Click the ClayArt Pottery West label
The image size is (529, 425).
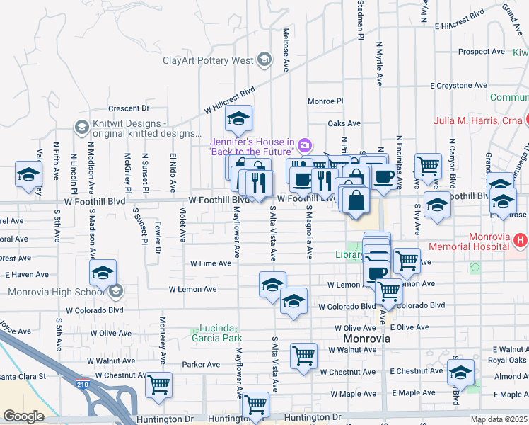pyautogui.click(x=207, y=60)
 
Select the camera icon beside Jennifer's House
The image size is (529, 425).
pyautogui.click(x=305, y=146)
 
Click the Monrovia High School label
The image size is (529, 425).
pyautogui.click(x=56, y=291)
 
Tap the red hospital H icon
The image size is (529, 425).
pyautogui.click(x=521, y=242)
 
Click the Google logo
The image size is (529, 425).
pyautogui.click(x=23, y=416)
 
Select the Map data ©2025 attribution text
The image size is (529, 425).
pyautogui.click(x=499, y=419)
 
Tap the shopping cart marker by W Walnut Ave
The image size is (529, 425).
pyautogui.click(x=303, y=355)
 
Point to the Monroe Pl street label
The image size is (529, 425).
pyautogui.click(x=325, y=101)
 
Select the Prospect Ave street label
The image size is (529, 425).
pyautogui.click(x=481, y=52)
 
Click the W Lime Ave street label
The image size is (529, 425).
pyautogui.click(x=210, y=263)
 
